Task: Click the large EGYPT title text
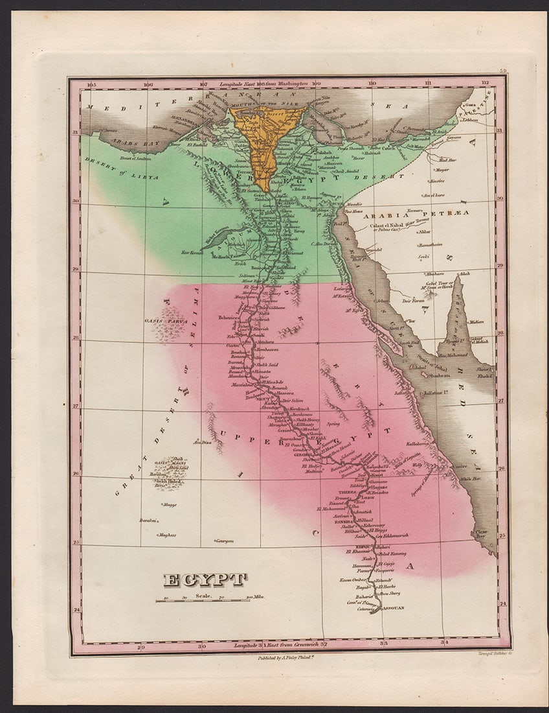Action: [205, 579]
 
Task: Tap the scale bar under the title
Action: [203, 600]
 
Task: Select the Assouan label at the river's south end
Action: [392, 608]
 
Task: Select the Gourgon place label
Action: [225, 539]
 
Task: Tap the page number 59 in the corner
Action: [502, 71]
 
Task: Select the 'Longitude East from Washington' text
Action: [263, 84]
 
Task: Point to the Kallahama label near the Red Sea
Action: [418, 443]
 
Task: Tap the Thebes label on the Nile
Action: [347, 492]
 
